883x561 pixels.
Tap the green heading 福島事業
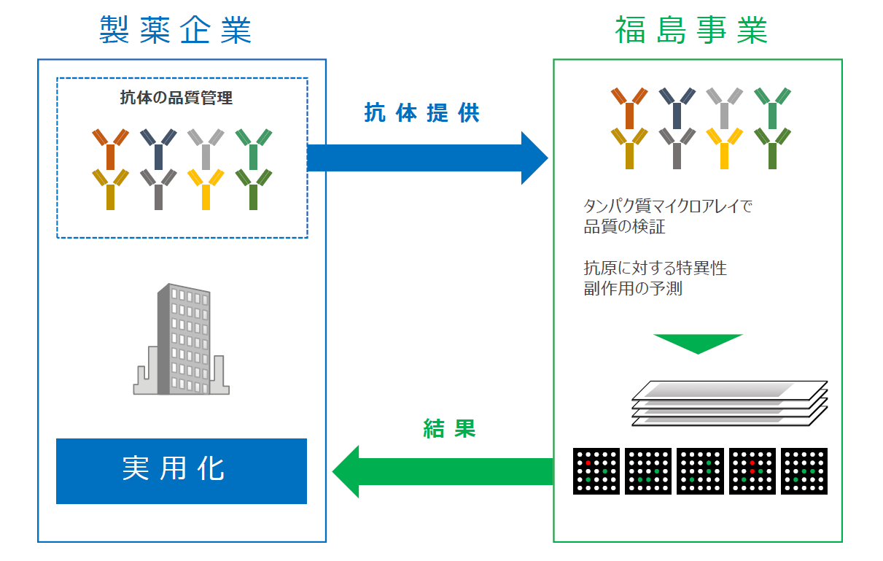(x=691, y=31)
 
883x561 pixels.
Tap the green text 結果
(x=449, y=428)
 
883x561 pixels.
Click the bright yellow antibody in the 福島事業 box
(x=724, y=147)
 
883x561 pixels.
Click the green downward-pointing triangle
(x=697, y=343)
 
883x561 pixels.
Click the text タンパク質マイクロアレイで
(x=667, y=206)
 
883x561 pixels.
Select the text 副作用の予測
(x=632, y=288)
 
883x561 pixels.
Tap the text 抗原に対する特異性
(x=655, y=268)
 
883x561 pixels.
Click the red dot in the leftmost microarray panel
(x=588, y=463)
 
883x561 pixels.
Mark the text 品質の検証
(x=624, y=227)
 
